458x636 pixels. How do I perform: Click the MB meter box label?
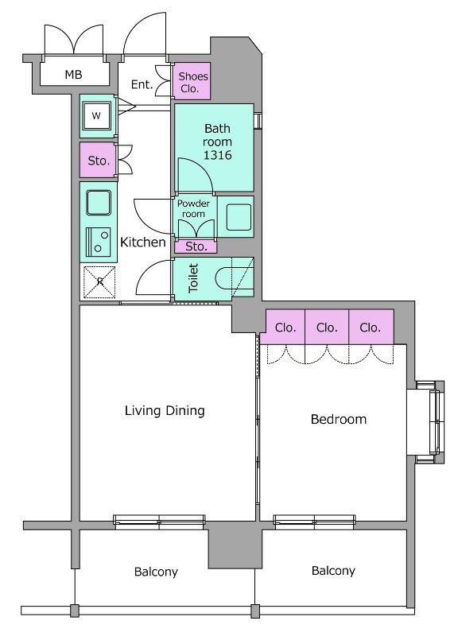[x=73, y=75]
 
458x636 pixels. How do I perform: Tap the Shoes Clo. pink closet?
[x=192, y=81]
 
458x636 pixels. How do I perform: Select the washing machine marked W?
[x=96, y=116]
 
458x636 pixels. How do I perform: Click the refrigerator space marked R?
[x=99, y=281]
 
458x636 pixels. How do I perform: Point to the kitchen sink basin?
[x=99, y=203]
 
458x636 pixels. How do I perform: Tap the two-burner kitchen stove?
[x=98, y=242]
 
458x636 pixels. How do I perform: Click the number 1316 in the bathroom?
[x=217, y=155]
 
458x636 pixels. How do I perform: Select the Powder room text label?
[x=193, y=208]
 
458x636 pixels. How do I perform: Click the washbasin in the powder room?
[x=239, y=217]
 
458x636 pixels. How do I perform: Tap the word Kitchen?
[x=143, y=242]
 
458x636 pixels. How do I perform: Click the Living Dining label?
[x=165, y=410]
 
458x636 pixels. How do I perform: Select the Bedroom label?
[x=339, y=419]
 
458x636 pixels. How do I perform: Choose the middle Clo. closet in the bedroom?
[x=327, y=327]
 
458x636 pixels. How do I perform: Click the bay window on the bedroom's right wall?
[x=430, y=422]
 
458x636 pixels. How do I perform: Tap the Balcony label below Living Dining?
[x=156, y=572]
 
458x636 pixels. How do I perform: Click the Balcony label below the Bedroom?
[x=333, y=571]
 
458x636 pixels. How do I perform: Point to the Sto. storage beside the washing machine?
[x=98, y=161]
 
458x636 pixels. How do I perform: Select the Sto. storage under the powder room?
[x=196, y=246]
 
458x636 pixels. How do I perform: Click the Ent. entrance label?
[x=142, y=84]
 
